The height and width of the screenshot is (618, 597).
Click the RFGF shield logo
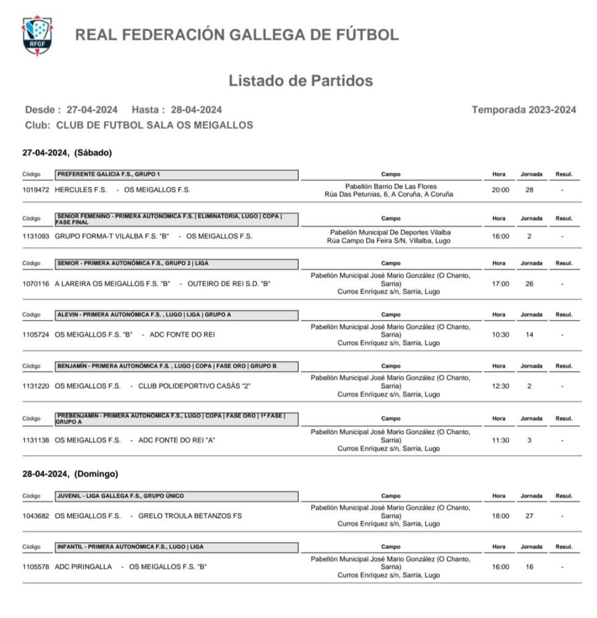[37, 36]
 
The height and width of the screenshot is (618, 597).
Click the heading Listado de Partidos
[300, 81]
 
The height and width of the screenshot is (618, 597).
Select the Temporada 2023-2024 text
[523, 110]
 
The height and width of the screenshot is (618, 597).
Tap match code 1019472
[36, 190]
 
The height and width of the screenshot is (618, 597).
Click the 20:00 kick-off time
[501, 190]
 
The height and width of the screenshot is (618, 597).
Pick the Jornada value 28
[529, 190]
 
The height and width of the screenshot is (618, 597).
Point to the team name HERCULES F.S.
[81, 190]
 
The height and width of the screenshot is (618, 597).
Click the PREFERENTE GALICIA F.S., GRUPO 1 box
[177, 174]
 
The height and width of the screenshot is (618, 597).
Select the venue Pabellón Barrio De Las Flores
[391, 186]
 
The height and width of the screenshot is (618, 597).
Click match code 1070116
[36, 284]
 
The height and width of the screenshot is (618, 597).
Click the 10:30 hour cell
[501, 335]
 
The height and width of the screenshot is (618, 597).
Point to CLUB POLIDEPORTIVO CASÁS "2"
[194, 386]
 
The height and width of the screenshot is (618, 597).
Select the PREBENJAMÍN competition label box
[177, 418]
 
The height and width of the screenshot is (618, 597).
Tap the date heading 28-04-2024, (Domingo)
[70, 474]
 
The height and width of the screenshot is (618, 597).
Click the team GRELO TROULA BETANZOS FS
[190, 515]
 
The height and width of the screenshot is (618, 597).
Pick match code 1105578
[36, 567]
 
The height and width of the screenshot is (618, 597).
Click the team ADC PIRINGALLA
[83, 567]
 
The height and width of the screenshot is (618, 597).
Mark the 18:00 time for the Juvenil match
[501, 515]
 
